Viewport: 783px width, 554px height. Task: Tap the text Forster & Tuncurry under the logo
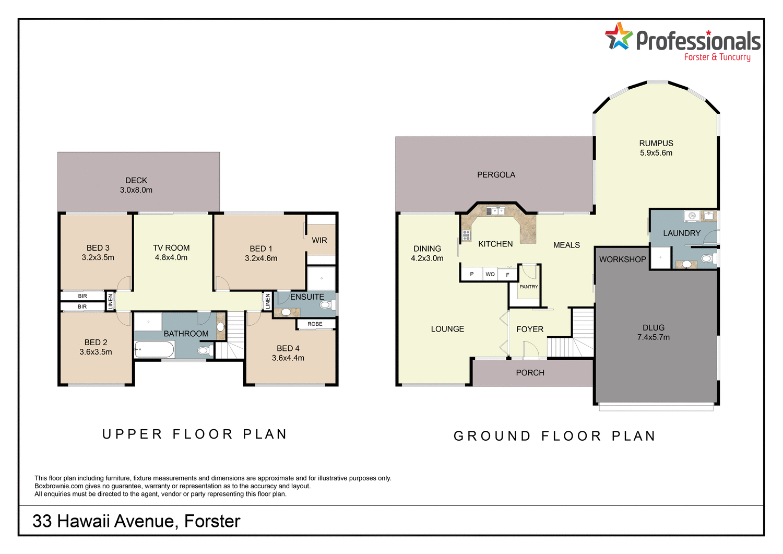pyautogui.click(x=717, y=57)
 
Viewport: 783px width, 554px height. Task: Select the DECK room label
pyautogui.click(x=136, y=180)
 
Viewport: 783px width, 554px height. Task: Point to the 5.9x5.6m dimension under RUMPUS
pyautogui.click(x=656, y=153)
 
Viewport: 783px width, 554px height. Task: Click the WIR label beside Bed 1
pyautogui.click(x=319, y=240)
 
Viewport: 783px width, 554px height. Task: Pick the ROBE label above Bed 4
pyautogui.click(x=315, y=324)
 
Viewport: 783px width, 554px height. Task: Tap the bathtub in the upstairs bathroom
pyautogui.click(x=155, y=349)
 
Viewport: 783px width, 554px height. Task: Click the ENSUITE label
pyautogui.click(x=307, y=297)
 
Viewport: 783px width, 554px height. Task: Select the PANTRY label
pyautogui.click(x=529, y=287)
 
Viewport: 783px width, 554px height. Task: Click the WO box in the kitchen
pyautogui.click(x=490, y=274)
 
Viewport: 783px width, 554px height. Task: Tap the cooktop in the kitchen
pyautogui.click(x=466, y=235)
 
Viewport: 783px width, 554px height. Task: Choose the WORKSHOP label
pyautogui.click(x=622, y=260)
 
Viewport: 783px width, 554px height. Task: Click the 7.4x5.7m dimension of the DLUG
pyautogui.click(x=654, y=337)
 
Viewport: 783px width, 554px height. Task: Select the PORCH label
pyautogui.click(x=530, y=373)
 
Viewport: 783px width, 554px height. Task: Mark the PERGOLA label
pyautogui.click(x=496, y=175)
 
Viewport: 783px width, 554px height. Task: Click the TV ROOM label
pyautogui.click(x=171, y=248)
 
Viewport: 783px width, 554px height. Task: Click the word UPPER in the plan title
pyautogui.click(x=133, y=434)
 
